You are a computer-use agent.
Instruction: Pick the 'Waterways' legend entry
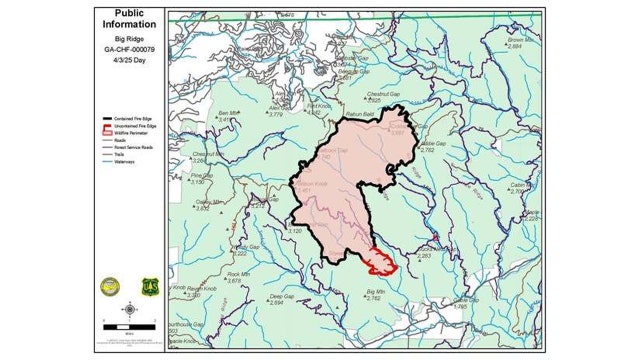click(119, 158)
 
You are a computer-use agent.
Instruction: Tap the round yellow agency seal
click(111, 286)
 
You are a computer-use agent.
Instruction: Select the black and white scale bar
click(129, 326)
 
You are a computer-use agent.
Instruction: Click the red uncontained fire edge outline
click(380, 261)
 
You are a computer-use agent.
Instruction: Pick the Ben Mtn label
click(229, 113)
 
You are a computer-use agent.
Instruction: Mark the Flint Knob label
click(318, 106)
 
